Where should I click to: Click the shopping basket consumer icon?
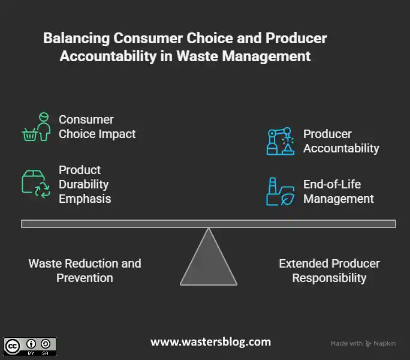pyautogui.click(x=35, y=127)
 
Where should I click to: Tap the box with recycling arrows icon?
pyautogui.click(x=35, y=184)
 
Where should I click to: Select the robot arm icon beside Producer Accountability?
pyautogui.click(x=280, y=141)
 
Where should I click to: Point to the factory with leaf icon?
pyautogui.click(x=280, y=191)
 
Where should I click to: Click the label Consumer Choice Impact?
pyautogui.click(x=97, y=127)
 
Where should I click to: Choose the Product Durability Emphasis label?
pyautogui.click(x=85, y=184)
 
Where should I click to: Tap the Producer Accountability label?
pyautogui.click(x=341, y=141)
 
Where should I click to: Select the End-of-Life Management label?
pyautogui.click(x=338, y=191)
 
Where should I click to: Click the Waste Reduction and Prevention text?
pyautogui.click(x=85, y=271)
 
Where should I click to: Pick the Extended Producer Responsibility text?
pyautogui.click(x=329, y=271)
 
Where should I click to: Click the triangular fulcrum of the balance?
pyautogui.click(x=208, y=261)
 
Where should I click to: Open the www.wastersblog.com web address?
pyautogui.click(x=210, y=342)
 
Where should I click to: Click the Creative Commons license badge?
pyautogui.click(x=30, y=346)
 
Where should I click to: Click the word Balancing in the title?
pyautogui.click(x=76, y=38)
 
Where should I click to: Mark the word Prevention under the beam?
pyautogui.click(x=85, y=278)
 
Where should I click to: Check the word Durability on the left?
pyautogui.click(x=83, y=184)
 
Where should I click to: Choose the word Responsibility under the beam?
pyautogui.click(x=329, y=278)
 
